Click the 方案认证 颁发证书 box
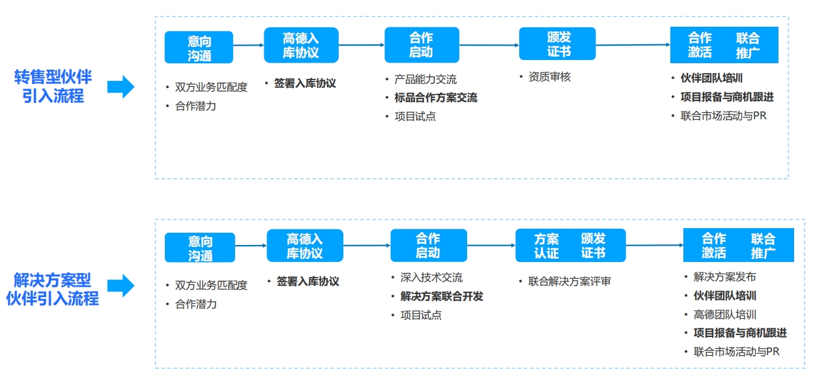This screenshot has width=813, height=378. [x=571, y=246]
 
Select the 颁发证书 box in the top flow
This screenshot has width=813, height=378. [x=558, y=44]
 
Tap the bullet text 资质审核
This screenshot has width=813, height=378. [x=550, y=77]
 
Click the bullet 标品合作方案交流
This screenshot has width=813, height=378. [x=436, y=98]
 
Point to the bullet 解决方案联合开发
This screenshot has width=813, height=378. [x=442, y=297]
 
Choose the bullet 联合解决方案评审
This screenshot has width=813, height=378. [x=569, y=282]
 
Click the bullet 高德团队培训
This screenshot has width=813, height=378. [x=725, y=314]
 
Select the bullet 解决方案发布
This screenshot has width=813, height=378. [x=725, y=277]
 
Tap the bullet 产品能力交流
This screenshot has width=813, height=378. [x=425, y=79]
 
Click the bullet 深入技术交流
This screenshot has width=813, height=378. [x=431, y=278]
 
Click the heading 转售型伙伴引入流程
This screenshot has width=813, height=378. [x=53, y=87]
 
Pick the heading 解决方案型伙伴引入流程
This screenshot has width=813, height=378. [x=52, y=289]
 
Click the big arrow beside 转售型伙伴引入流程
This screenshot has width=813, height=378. [x=121, y=87]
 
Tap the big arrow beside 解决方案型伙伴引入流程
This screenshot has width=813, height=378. [x=121, y=285]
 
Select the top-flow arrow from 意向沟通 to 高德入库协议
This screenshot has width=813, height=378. [x=249, y=45]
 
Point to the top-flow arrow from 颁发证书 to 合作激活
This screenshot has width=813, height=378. [x=633, y=45]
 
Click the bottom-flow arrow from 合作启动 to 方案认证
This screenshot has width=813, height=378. [x=491, y=246]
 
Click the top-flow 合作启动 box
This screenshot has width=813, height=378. [x=421, y=45]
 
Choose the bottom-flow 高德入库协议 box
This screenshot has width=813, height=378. [x=305, y=246]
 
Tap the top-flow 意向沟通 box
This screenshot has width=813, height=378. [x=199, y=47]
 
